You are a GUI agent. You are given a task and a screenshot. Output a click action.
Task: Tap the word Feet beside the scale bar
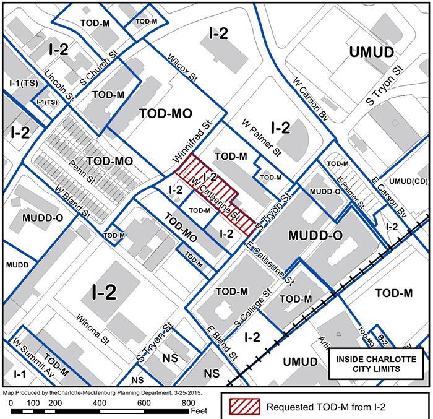pos(198,410)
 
